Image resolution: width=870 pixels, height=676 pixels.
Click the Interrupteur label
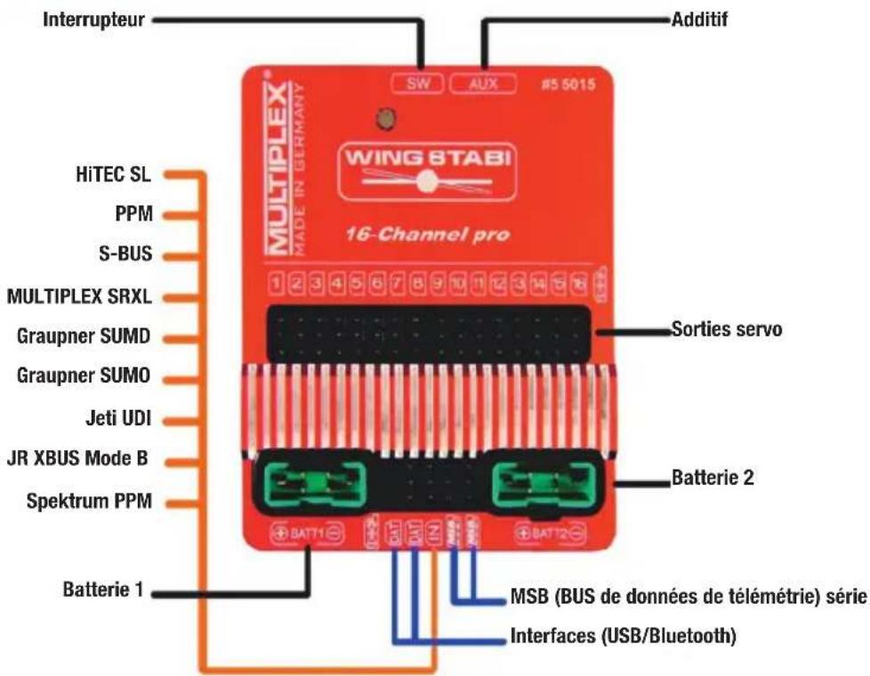coord(93,19)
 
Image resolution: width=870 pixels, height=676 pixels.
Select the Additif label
coord(698,19)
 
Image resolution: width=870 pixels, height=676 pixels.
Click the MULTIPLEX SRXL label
coord(79,296)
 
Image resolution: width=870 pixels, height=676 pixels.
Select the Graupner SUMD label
coord(85,337)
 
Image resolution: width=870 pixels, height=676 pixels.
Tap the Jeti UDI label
coord(117,418)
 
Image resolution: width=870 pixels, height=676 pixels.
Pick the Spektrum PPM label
coord(89,502)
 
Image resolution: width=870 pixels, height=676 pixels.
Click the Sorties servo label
coord(726,331)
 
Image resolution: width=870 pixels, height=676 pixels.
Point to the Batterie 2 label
coord(712,478)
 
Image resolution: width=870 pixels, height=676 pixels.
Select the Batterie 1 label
coord(102,590)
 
